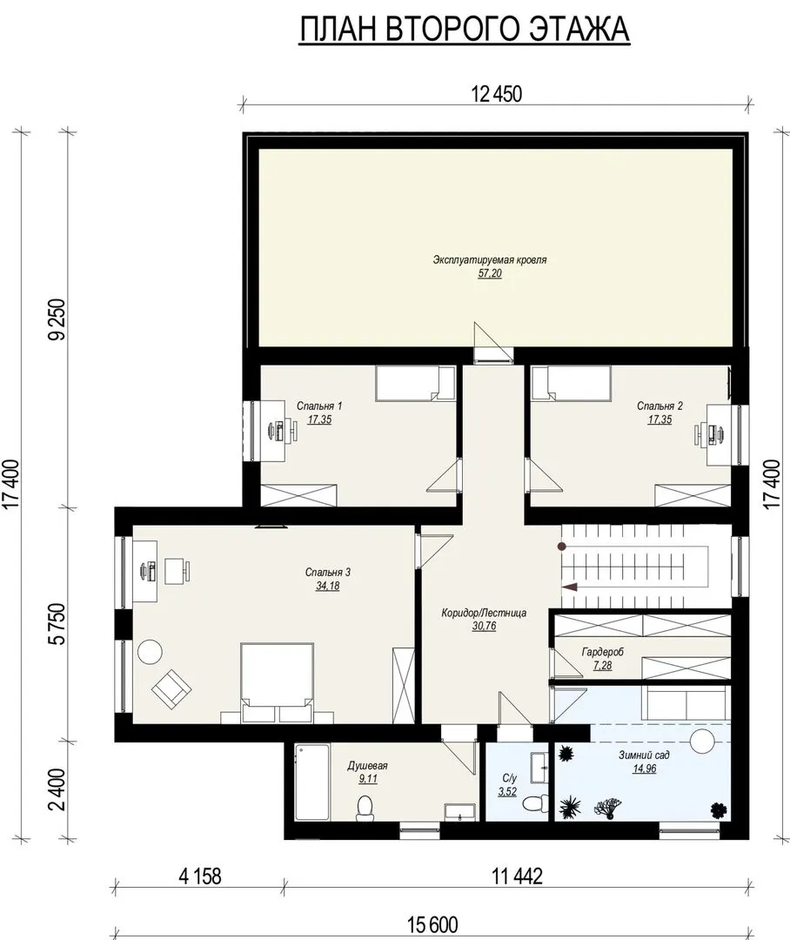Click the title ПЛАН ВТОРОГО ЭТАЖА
(465, 29)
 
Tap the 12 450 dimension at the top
(497, 94)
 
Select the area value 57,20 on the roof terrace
(490, 273)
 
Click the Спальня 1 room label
(319, 406)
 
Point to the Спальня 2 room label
(660, 406)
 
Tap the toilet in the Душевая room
(365, 808)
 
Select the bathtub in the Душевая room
(312, 782)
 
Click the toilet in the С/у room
(535, 802)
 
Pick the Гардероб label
(602, 652)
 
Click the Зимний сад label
(644, 755)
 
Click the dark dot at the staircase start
(562, 546)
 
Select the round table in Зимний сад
(702, 742)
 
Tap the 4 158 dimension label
(200, 876)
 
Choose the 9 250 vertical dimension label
(58, 319)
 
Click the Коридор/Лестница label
(484, 613)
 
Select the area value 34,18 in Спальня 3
(327, 586)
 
